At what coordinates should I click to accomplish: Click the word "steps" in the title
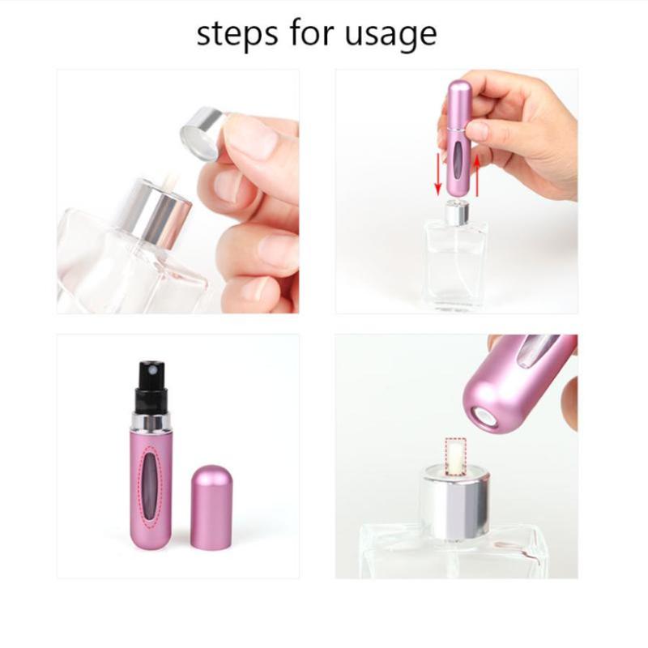pos(237,33)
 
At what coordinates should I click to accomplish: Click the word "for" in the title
pos(311,32)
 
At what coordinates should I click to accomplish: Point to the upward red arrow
pos(477,175)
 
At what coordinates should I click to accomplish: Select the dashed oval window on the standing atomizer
pos(151,487)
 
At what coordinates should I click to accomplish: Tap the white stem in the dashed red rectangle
pos(454,454)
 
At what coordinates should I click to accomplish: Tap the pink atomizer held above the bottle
pos(456,138)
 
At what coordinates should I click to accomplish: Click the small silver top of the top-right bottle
pos(457,211)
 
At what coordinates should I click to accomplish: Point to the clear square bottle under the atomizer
pos(457,265)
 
